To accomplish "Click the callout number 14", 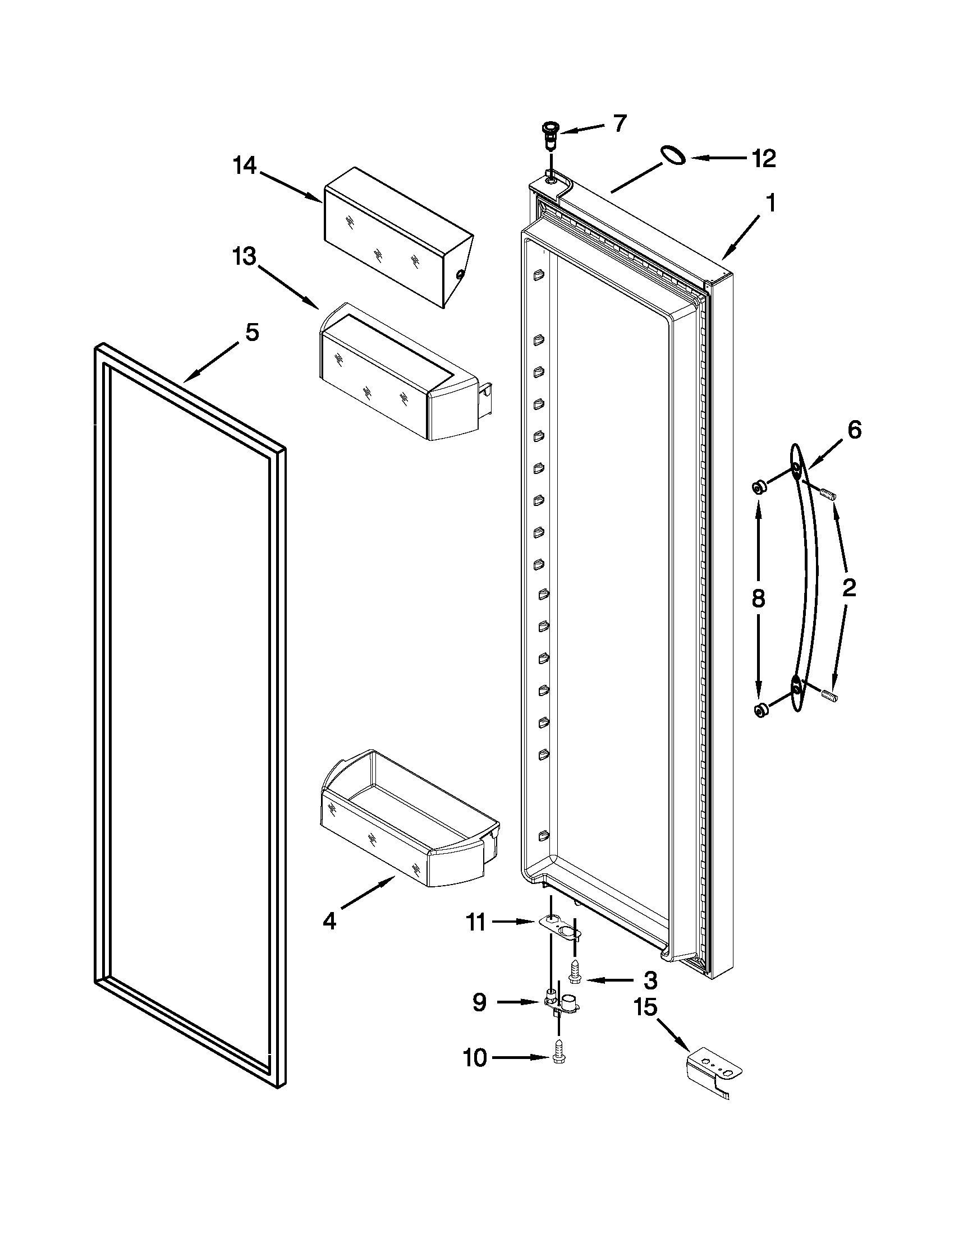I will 245,167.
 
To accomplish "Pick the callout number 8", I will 759,598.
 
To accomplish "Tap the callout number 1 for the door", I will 770,204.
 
